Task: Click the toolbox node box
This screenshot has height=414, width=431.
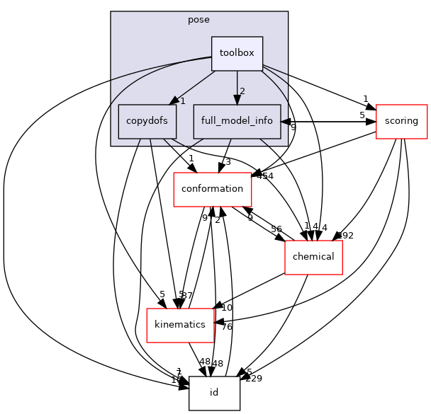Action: (x=237, y=54)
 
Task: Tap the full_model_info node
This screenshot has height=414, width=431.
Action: (x=237, y=121)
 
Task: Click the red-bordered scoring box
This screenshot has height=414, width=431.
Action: (x=401, y=121)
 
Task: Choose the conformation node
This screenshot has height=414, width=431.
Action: (x=213, y=189)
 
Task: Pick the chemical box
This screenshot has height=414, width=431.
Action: (x=313, y=257)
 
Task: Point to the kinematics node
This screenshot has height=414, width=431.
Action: (x=180, y=325)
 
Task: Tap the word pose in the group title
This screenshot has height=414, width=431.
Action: (x=198, y=20)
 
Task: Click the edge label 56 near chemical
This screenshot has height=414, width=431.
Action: (x=276, y=229)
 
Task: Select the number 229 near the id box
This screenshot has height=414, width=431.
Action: (x=253, y=379)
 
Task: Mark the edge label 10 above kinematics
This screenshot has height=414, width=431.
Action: (x=227, y=307)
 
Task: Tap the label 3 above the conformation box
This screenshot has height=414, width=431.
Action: (x=228, y=162)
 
